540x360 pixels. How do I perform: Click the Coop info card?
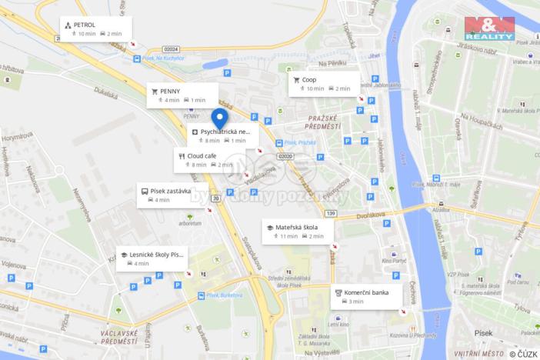[x=324, y=83]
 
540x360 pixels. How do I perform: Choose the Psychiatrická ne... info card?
[x=224, y=135]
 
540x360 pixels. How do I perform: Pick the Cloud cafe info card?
[x=208, y=159]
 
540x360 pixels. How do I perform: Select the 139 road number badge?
[x=332, y=212]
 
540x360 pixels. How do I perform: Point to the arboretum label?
[x=190, y=224]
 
